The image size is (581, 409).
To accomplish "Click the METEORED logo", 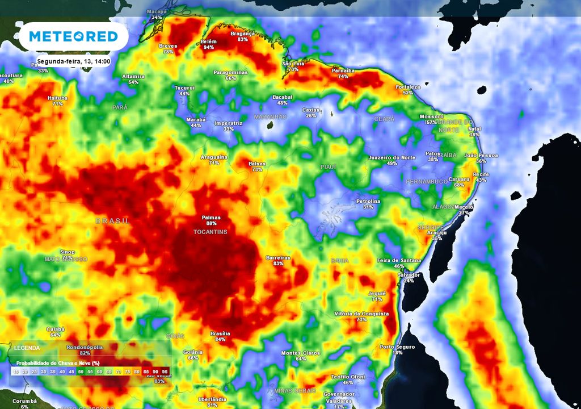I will tap(73, 37).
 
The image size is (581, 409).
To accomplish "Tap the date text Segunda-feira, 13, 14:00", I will tap(73, 61).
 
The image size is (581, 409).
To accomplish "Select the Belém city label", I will tap(209, 42).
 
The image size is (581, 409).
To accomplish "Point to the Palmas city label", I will tap(211, 218).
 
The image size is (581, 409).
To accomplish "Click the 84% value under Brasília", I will tap(220, 339).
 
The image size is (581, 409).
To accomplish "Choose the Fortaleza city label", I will tap(408, 87).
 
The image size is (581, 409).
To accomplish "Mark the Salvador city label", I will tap(409, 274).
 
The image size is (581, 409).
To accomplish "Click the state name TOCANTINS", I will tap(210, 232).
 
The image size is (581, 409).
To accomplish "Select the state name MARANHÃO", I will tap(270, 116).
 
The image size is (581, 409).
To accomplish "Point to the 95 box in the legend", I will tap(165, 371).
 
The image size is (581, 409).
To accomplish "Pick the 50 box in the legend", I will tap(81, 371).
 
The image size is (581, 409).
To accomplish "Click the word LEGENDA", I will tap(27, 348).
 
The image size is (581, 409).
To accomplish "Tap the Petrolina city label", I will tap(368, 201).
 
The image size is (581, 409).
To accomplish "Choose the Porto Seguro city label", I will tap(397, 347).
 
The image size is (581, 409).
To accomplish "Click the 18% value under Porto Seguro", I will tap(397, 353).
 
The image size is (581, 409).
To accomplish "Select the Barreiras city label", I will tap(278, 258).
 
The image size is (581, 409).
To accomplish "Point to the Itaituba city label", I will tap(57, 98).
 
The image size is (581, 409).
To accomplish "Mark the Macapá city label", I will tap(157, 11).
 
